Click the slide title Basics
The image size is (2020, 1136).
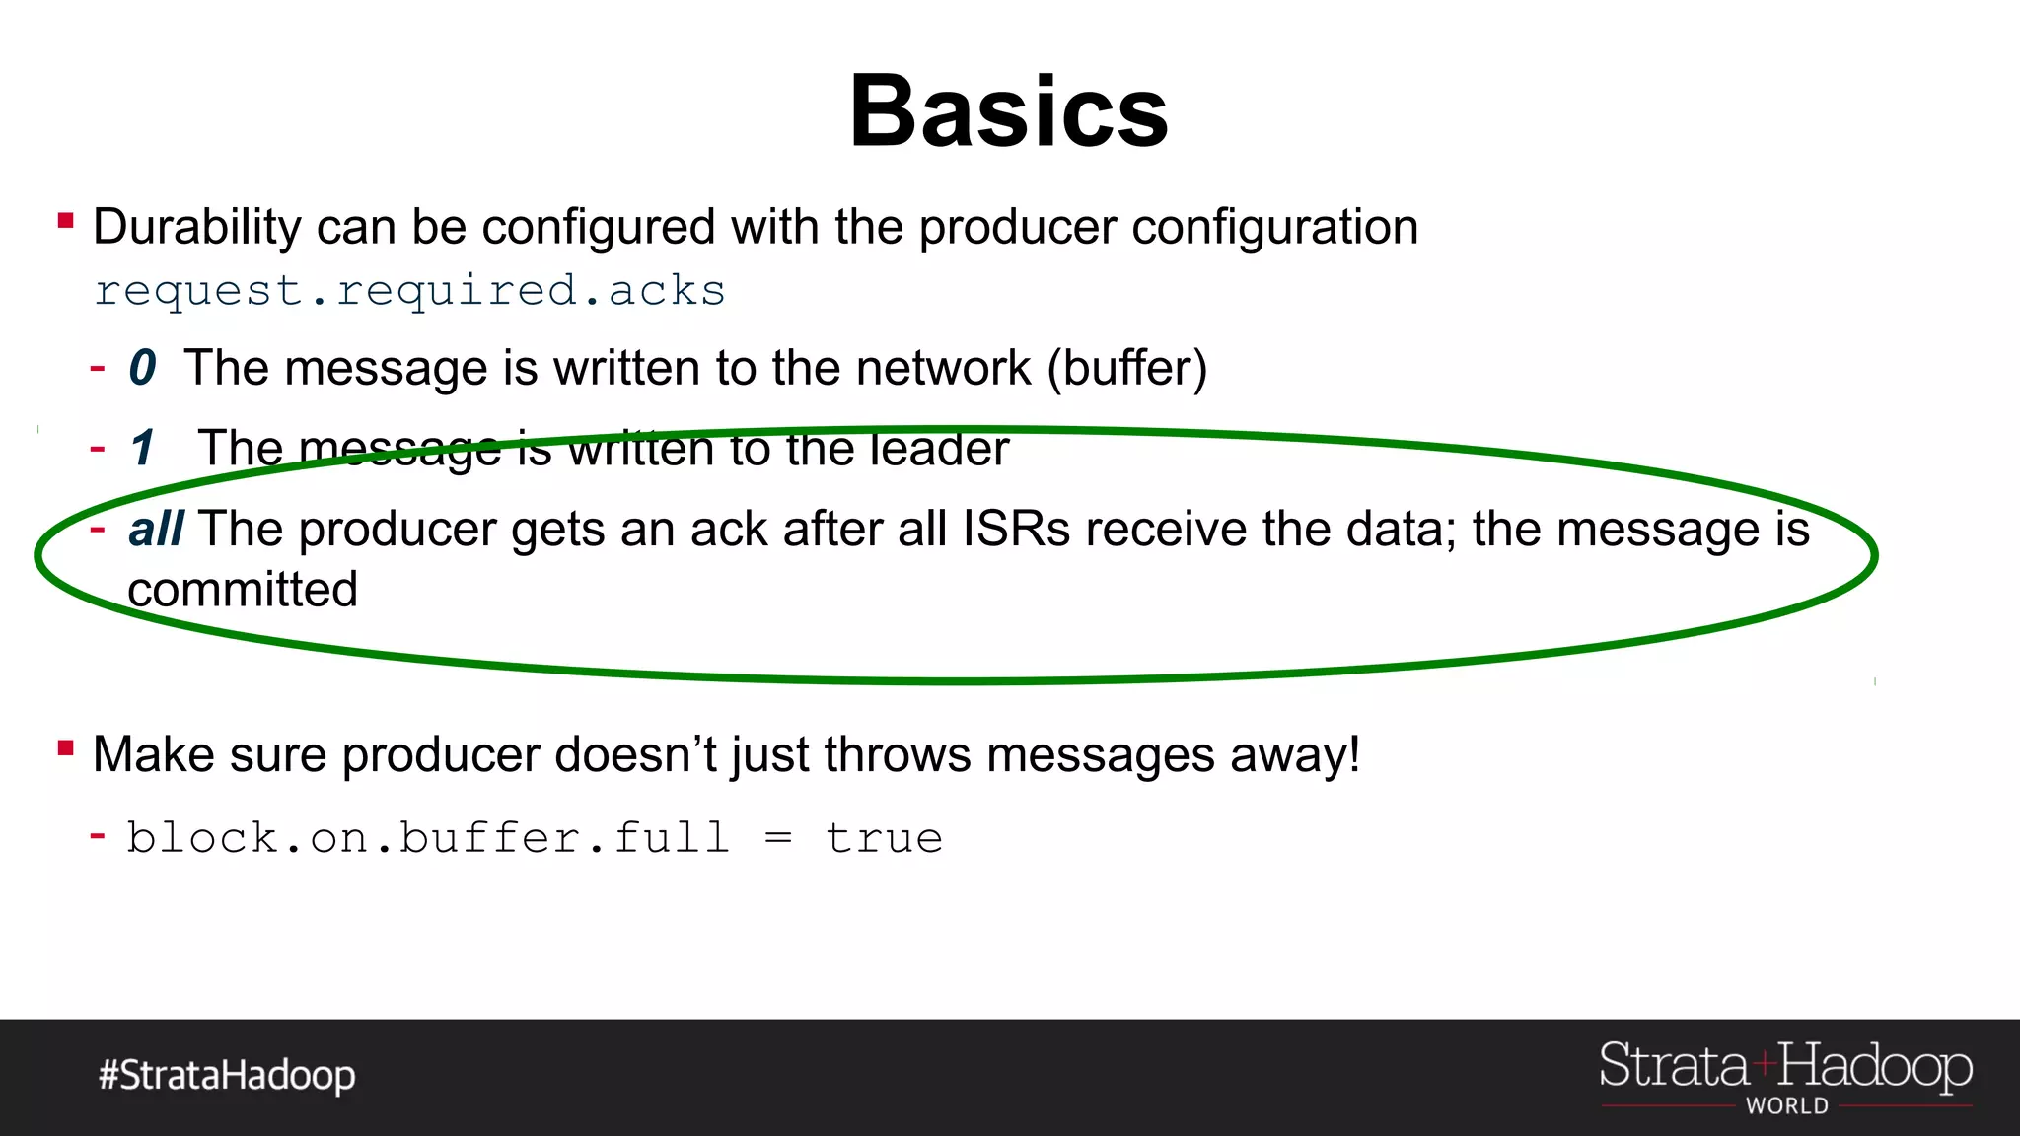pos(1009,111)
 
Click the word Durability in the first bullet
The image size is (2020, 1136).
pos(196,228)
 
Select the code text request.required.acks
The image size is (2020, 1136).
pos(410,291)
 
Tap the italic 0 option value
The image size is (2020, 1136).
pos(142,368)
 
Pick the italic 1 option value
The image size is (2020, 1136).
pos(143,448)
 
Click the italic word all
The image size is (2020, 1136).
pos(156,530)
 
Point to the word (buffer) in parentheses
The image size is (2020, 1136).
pos(1126,369)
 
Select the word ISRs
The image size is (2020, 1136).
pos(1016,530)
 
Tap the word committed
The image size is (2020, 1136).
pos(243,591)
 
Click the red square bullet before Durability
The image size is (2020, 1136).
pos(66,221)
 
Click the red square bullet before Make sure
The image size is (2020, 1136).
pos(66,747)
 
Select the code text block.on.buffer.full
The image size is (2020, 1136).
pos(428,838)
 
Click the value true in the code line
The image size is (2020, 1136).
pos(884,839)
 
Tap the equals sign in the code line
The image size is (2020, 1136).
pos(778,839)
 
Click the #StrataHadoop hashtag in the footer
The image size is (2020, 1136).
pos(227,1075)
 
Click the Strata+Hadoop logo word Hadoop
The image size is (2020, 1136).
pos(1875,1068)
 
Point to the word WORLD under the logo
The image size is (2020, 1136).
pos(1786,1106)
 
